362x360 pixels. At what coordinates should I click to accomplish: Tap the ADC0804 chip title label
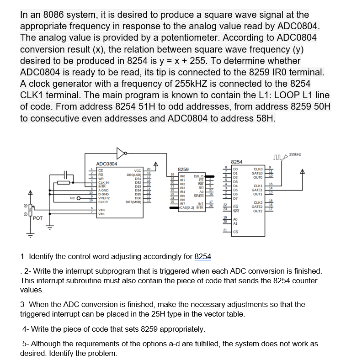(106, 164)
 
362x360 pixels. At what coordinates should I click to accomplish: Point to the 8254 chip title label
(237, 162)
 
